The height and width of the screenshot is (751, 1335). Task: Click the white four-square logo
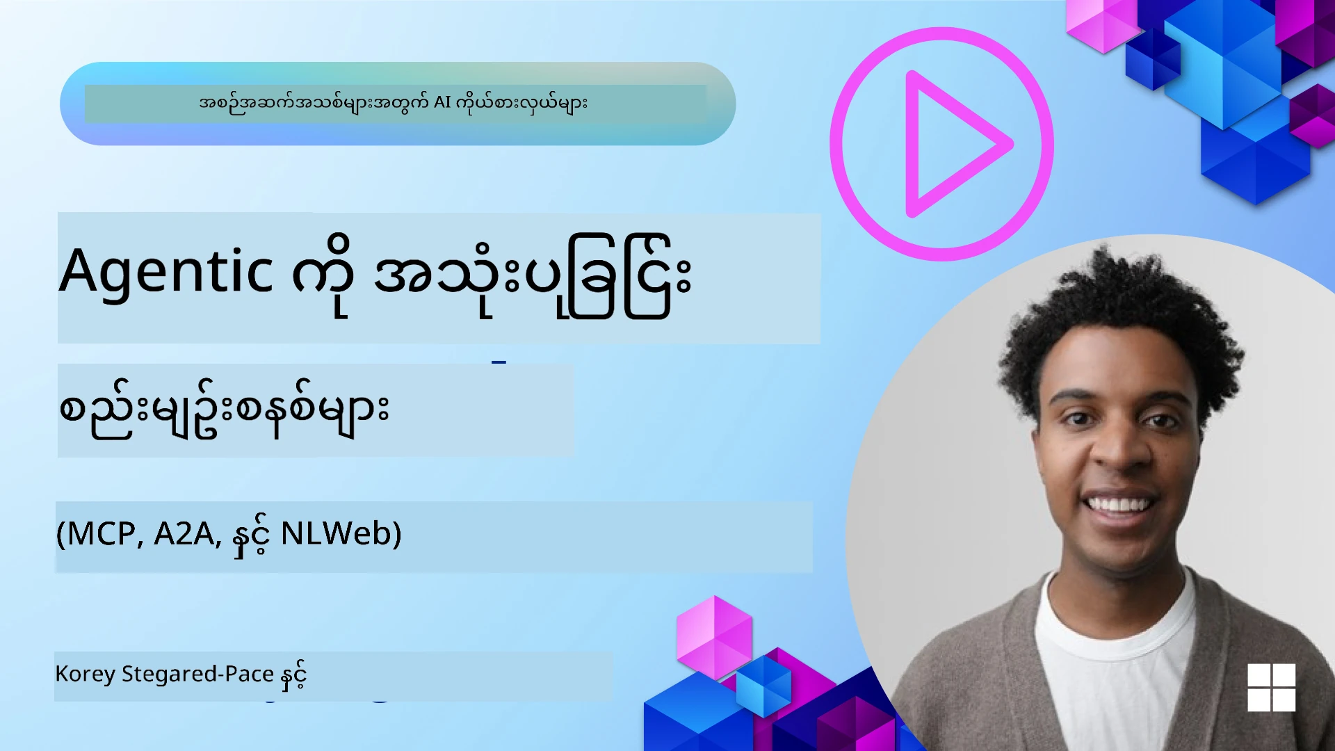1271,687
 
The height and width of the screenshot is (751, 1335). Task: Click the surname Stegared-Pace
197,675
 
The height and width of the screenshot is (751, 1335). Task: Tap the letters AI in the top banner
442,103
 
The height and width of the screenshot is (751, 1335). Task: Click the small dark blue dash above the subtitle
499,362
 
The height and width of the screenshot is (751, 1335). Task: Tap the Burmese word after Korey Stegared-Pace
293,676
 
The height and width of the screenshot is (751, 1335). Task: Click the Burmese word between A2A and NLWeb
250,535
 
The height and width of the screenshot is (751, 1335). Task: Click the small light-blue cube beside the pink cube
763,686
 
